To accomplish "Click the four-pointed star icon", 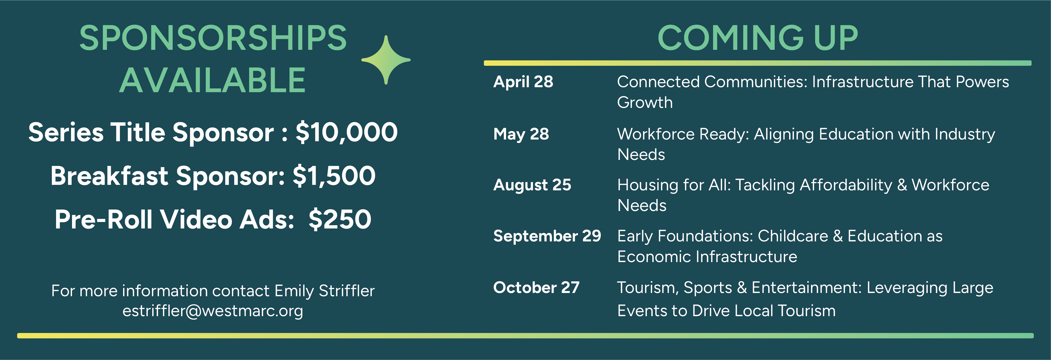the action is (x=386, y=60).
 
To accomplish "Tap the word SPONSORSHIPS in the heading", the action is (x=213, y=38).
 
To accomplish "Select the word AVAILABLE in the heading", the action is (x=213, y=80).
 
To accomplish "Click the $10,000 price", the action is (x=346, y=133).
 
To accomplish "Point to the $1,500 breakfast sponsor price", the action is (x=334, y=176).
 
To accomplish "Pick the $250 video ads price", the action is (x=340, y=219).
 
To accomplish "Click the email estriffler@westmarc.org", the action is (x=213, y=311).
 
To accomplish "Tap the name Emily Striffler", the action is (x=324, y=290).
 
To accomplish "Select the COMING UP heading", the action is (x=758, y=38).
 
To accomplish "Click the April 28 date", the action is (x=523, y=82).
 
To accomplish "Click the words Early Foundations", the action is (x=685, y=236).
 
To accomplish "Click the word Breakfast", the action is (x=109, y=176).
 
